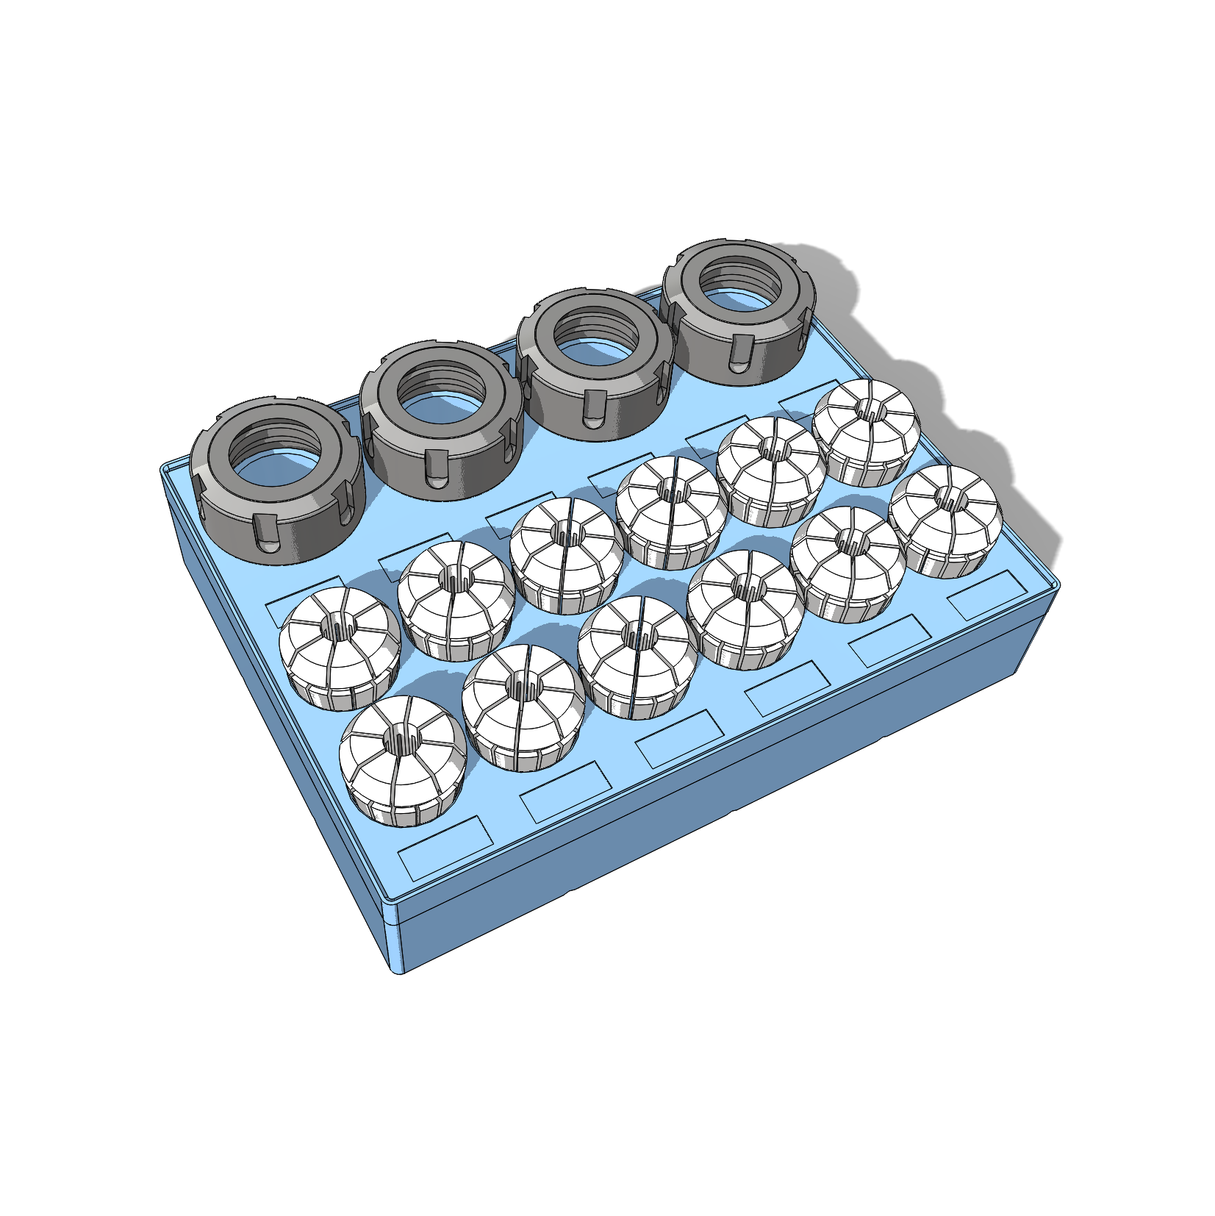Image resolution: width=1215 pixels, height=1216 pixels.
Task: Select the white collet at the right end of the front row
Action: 944,521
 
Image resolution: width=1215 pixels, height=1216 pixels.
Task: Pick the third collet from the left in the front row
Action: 634,656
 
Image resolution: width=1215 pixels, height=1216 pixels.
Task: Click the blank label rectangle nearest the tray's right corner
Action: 986,595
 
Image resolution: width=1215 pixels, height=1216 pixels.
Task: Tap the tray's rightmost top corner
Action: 1056,585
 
